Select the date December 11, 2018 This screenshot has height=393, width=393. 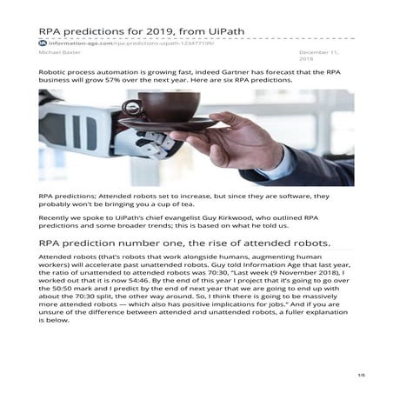(x=317, y=57)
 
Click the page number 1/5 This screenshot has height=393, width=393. (x=359, y=376)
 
